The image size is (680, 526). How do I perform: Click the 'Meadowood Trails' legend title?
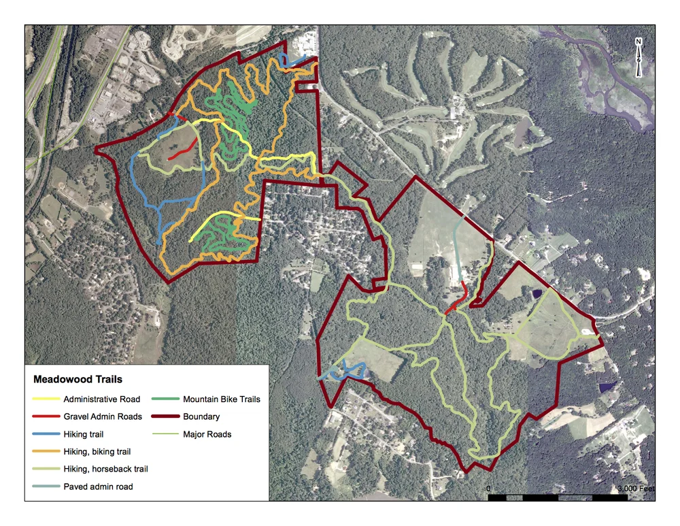73,379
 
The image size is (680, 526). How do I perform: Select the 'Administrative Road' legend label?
102,399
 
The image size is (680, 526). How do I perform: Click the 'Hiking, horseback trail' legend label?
105,469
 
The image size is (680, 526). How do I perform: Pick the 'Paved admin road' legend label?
98,487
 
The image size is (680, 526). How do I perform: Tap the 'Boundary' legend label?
201,416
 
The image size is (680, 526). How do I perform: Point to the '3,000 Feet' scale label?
636,489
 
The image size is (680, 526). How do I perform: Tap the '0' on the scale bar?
489,489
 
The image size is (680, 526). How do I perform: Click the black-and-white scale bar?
558,498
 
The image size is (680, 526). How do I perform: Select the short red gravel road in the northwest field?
185,150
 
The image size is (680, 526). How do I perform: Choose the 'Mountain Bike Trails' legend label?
222,399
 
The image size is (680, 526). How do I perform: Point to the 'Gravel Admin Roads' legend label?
103,416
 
